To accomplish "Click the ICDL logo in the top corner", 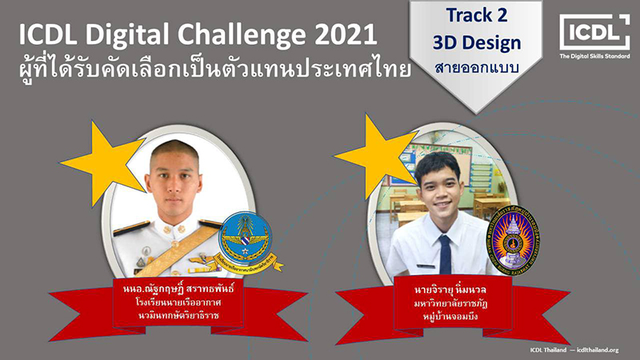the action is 594,32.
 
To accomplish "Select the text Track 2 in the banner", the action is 476,15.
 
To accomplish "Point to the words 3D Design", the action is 477,43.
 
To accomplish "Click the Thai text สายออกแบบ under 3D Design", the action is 477,68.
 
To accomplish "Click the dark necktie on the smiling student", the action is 445,254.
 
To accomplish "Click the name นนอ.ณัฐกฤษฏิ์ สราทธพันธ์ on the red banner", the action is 178,290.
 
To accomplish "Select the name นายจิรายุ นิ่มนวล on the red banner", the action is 450,290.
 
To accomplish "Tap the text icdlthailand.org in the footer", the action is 598,350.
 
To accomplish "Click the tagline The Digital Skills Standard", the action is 594,56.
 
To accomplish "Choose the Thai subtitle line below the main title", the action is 214,68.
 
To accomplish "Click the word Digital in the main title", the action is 126,35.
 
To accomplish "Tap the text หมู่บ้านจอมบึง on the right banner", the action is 450,316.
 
